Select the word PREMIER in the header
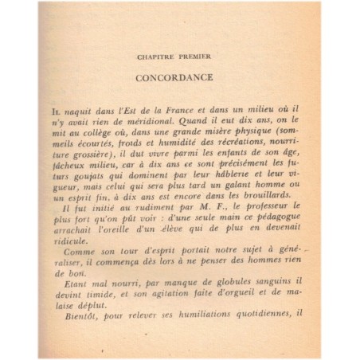[198, 58]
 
